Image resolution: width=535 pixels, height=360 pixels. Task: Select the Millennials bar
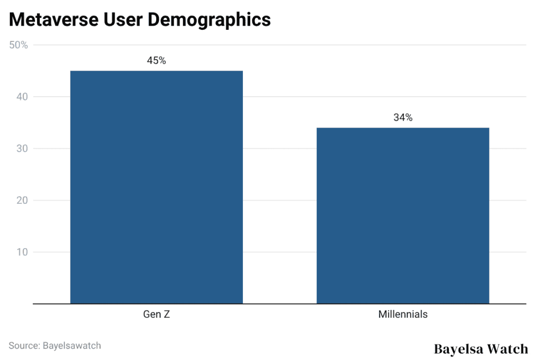pyautogui.click(x=403, y=215)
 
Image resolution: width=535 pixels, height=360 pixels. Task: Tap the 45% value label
pyautogui.click(x=156, y=61)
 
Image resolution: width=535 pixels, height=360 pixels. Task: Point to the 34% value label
pyautogui.click(x=403, y=118)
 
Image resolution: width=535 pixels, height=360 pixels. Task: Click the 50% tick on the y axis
pyautogui.click(x=19, y=45)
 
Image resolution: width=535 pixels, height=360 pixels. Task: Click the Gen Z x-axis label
pyautogui.click(x=156, y=315)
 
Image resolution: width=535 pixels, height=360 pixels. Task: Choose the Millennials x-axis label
pyautogui.click(x=403, y=315)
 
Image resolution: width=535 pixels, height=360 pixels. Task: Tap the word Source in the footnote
pyautogui.click(x=24, y=345)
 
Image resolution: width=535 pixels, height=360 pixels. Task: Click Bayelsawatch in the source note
pyautogui.click(x=72, y=345)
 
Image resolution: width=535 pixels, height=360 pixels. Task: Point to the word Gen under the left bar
pyautogui.click(x=152, y=315)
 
